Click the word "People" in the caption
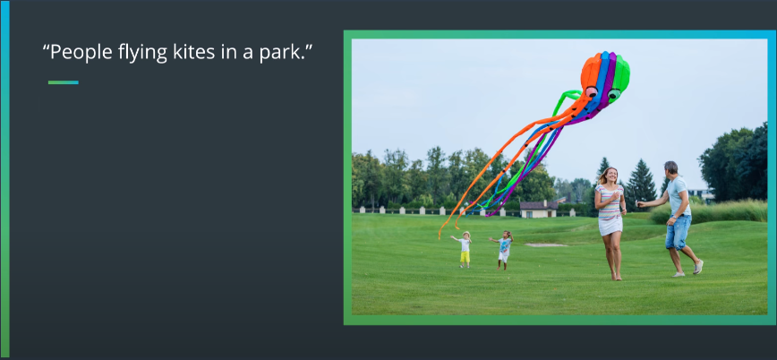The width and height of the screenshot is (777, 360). point(81,53)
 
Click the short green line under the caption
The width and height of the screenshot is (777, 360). point(64,82)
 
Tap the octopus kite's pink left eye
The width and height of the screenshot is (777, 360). point(591,91)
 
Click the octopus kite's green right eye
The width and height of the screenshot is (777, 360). point(614,94)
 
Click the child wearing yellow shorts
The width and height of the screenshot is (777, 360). point(465,250)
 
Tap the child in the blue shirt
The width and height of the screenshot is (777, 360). point(503,250)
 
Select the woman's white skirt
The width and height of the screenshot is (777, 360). point(610,226)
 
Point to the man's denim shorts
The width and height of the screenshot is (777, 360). point(678,232)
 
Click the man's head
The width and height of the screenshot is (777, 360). point(671,168)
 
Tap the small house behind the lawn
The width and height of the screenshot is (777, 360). point(539,210)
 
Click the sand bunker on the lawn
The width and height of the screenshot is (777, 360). point(545,244)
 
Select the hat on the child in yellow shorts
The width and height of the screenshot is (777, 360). point(465,235)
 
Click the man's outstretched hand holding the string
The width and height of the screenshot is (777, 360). point(640,203)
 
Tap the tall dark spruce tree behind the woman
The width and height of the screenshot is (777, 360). point(641,184)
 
